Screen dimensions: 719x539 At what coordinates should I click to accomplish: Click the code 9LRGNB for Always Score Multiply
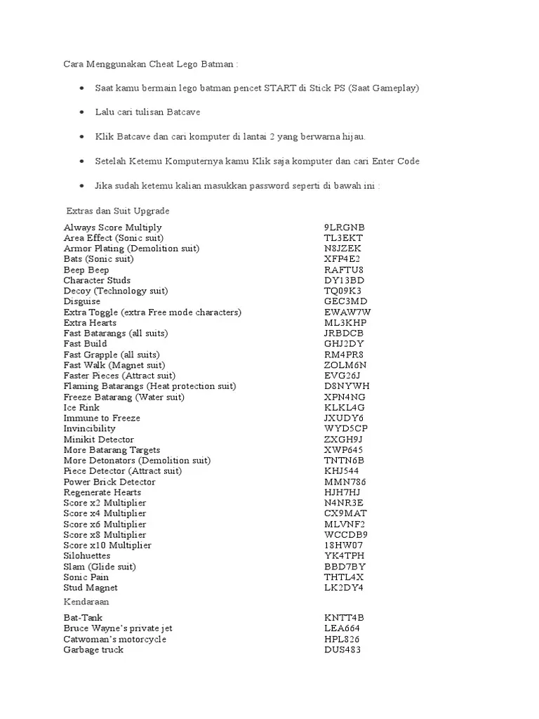344,227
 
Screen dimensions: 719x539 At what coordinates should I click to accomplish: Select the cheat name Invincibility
89,428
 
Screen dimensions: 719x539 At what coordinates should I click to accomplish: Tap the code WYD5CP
345,428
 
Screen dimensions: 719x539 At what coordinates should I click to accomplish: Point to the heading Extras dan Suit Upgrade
117,211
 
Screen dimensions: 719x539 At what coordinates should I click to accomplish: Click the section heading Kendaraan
86,602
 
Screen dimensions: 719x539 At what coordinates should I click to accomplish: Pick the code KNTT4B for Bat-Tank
344,618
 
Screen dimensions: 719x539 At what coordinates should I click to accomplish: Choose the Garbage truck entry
93,649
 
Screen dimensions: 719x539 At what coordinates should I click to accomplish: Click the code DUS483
342,649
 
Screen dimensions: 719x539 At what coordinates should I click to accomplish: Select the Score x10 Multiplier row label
107,545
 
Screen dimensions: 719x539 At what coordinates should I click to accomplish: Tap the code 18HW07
343,545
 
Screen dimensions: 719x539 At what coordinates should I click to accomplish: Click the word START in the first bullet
280,88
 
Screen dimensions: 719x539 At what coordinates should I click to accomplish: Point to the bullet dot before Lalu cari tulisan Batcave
82,112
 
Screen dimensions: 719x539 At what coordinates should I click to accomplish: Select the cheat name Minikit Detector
98,440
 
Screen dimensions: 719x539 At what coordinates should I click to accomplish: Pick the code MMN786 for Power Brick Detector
345,482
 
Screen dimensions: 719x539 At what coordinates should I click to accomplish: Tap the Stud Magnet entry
91,587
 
